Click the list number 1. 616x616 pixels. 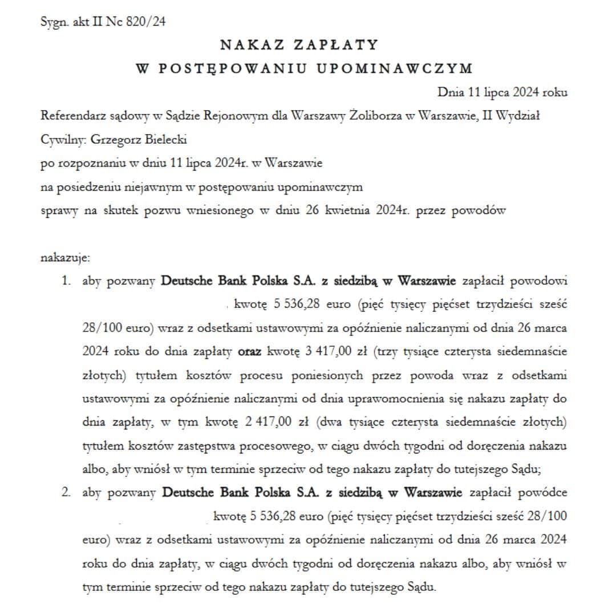(x=67, y=281)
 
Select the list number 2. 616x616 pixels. (x=67, y=492)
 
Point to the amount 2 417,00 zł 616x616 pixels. (x=280, y=422)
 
